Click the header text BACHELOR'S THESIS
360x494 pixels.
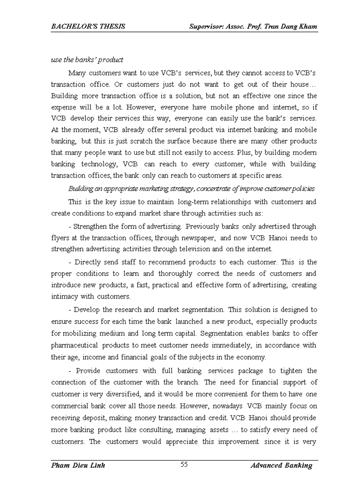coord(88,26)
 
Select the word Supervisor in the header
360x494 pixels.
coord(209,26)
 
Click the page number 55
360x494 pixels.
coord(184,465)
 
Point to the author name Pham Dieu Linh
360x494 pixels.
coord(78,465)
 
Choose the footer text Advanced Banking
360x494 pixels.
coord(281,465)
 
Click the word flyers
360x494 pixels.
coord(61,238)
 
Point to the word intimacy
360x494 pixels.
coord(64,296)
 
